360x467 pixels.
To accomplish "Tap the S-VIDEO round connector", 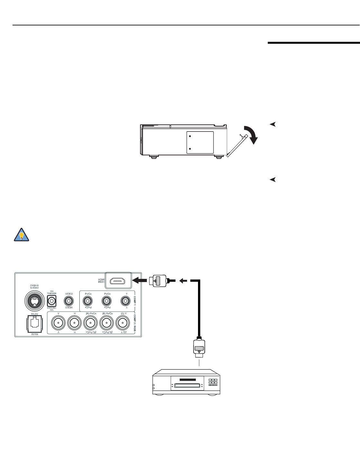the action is (34, 300).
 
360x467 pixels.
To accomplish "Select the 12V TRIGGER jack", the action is (51, 301).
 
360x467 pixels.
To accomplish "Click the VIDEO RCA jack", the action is (68, 301).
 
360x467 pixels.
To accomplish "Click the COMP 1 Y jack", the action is (125, 301).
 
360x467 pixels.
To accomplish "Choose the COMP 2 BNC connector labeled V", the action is (58, 322).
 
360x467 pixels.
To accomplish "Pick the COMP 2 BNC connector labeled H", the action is (75, 322).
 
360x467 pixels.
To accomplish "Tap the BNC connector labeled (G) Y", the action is (124, 322).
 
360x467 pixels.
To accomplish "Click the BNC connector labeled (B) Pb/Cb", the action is (107, 322).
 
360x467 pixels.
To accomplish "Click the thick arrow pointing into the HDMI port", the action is (140, 281).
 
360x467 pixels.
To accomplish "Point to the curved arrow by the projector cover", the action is (252, 134).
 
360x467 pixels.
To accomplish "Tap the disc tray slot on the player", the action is (187, 380).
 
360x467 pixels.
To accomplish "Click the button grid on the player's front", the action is (213, 383).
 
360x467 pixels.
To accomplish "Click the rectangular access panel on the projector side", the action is (200, 142).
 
